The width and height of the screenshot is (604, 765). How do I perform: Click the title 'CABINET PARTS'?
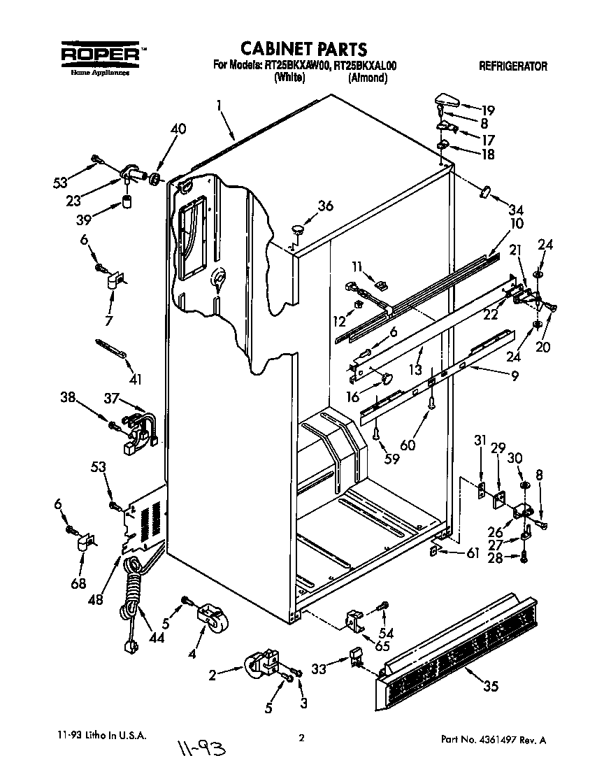tap(303, 49)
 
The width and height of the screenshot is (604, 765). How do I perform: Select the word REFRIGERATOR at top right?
tap(512, 67)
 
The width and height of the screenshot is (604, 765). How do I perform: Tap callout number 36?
tap(326, 206)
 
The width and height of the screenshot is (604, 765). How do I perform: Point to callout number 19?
tap(487, 110)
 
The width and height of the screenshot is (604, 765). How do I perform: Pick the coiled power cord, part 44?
tap(131, 601)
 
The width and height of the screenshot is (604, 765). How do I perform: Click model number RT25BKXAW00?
tap(296, 66)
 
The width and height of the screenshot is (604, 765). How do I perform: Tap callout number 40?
tap(178, 129)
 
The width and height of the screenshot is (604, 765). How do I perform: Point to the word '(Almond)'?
tap(367, 78)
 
